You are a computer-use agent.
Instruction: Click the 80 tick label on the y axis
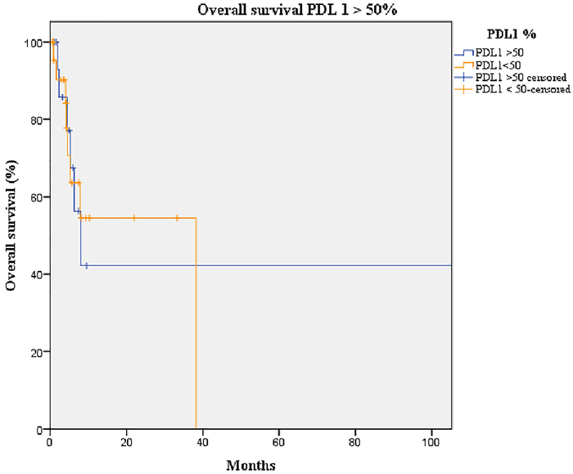click(38, 120)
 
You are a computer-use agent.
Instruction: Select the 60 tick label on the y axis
click(38, 197)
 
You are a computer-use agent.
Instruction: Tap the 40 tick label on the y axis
click(38, 274)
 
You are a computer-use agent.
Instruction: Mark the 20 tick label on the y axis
click(38, 352)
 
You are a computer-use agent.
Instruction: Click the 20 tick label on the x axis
click(126, 443)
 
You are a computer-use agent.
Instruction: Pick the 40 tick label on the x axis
click(202, 443)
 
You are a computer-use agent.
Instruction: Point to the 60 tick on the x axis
click(278, 443)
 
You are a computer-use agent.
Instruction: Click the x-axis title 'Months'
click(250, 464)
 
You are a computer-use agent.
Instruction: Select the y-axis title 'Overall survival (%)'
click(12, 236)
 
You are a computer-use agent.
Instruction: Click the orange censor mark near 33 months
click(177, 218)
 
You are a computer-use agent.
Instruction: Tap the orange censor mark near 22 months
click(134, 218)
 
